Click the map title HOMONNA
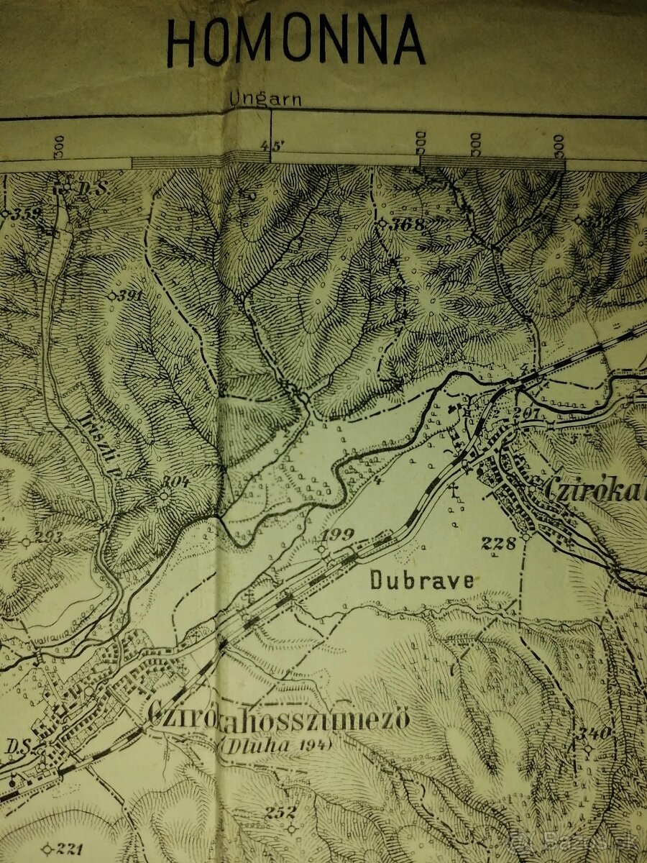pyautogui.click(x=295, y=42)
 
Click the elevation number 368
pyautogui.click(x=407, y=224)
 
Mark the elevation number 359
pyautogui.click(x=26, y=213)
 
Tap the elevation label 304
pyautogui.click(x=175, y=482)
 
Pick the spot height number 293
pyautogui.click(x=48, y=537)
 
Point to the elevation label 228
pyautogui.click(x=499, y=543)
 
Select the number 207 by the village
pyautogui.click(x=527, y=412)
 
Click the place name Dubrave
pyautogui.click(x=422, y=580)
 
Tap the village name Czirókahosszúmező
pyautogui.click(x=279, y=716)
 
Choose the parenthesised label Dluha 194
pyautogui.click(x=277, y=745)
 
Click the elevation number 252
pyautogui.click(x=280, y=813)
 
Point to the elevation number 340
pyautogui.click(x=596, y=733)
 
